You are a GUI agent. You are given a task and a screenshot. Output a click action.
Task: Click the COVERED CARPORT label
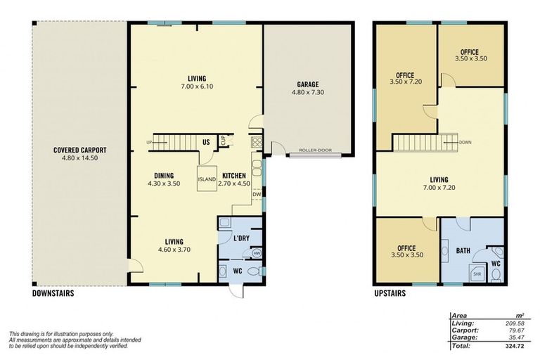click(x=80, y=150)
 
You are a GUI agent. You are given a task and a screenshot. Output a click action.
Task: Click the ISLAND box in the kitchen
click(x=207, y=179)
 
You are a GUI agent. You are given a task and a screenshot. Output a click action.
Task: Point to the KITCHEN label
click(x=234, y=175)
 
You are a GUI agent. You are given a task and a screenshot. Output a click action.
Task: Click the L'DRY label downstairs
click(x=241, y=238)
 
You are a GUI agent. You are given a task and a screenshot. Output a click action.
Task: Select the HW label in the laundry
click(x=257, y=253)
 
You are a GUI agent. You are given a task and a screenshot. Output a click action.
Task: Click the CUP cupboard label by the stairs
click(x=223, y=141)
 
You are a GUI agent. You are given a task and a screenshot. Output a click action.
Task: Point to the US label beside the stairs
click(x=206, y=143)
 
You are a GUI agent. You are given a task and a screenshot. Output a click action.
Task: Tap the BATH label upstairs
click(x=463, y=250)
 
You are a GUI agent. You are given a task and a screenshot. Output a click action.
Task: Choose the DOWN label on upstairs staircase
click(x=465, y=142)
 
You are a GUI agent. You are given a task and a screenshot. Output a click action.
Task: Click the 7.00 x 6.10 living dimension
click(x=196, y=88)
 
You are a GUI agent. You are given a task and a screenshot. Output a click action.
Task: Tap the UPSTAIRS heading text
click(x=390, y=293)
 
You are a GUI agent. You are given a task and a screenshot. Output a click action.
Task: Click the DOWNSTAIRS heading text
click(x=53, y=293)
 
